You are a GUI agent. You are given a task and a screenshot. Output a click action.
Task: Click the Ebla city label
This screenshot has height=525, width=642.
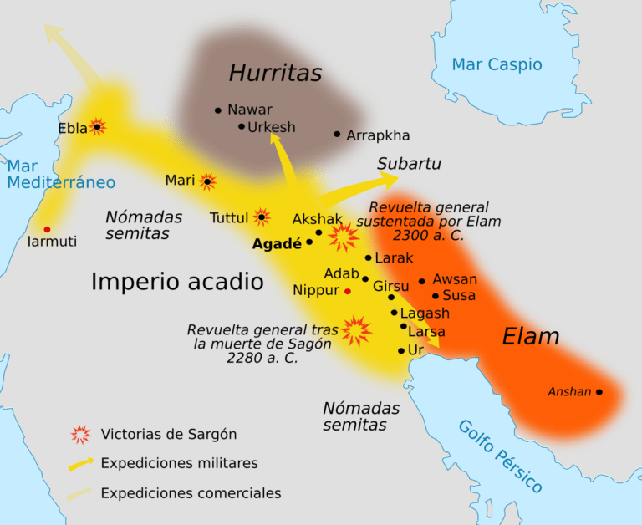click(x=72, y=128)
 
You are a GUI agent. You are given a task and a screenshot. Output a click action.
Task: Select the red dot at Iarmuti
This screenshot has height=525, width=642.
click(x=47, y=229)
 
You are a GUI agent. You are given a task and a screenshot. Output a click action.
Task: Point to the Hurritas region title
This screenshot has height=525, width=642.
click(x=275, y=74)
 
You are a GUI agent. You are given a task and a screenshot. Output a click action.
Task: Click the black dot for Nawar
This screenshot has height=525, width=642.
click(x=218, y=110)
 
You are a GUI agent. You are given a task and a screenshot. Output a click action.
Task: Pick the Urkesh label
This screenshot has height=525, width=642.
click(x=272, y=127)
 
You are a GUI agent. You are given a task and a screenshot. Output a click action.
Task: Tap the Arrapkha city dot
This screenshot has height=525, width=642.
click(x=337, y=134)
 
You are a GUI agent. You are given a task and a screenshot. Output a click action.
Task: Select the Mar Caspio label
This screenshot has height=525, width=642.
click(x=497, y=64)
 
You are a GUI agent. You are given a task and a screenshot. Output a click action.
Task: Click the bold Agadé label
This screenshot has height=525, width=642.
click(x=277, y=244)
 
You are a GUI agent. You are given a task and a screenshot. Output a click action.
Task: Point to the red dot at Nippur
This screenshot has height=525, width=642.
click(x=348, y=291)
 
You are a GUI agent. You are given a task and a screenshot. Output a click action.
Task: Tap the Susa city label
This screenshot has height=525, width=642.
click(x=459, y=295)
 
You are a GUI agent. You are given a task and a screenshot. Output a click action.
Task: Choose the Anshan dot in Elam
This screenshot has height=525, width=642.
click(x=599, y=391)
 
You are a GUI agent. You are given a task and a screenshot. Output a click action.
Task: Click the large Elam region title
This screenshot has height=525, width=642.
click(x=530, y=337)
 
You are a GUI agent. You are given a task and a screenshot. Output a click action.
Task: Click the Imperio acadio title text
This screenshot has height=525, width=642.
click(x=177, y=282)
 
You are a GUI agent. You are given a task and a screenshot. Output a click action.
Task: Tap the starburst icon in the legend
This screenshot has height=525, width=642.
click(x=80, y=434)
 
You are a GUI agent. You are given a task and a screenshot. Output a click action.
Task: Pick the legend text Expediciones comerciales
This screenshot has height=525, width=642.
click(x=191, y=493)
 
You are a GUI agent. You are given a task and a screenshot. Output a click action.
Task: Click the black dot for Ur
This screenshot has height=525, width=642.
click(x=401, y=351)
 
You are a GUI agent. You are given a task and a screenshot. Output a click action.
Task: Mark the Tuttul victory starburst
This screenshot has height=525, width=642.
click(x=262, y=217)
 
